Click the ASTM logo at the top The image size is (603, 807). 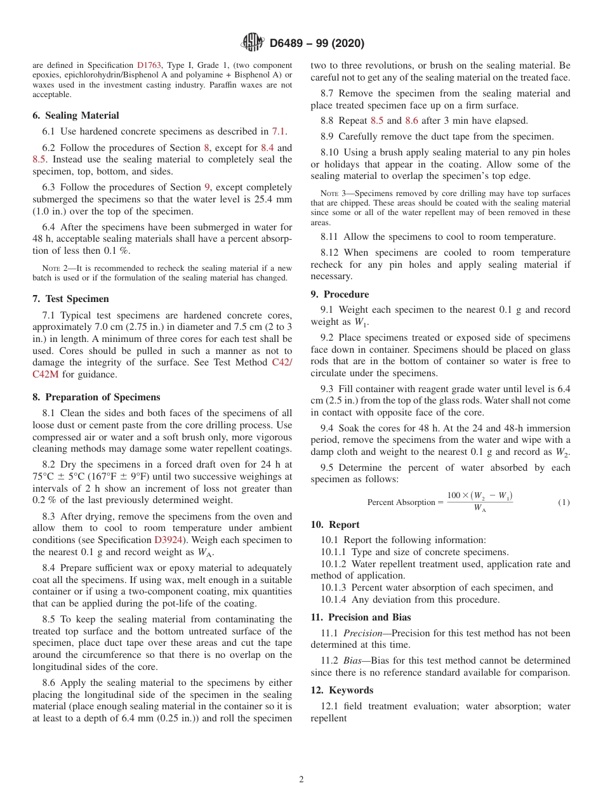tap(253, 43)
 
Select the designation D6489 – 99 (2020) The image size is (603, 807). tap(317, 44)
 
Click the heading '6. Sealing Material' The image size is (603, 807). tap(76, 115)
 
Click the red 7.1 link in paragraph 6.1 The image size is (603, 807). tap(279, 132)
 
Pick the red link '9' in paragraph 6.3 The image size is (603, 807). tap(207, 188)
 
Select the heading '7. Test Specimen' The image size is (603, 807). tap(70, 299)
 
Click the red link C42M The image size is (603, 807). tap(45, 374)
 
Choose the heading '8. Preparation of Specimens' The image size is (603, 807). tap(96, 397)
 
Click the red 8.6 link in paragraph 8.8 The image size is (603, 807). tap(412, 121)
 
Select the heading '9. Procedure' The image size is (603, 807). tap(340, 294)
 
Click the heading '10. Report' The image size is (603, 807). tap(335, 525)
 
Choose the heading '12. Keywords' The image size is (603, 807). tap(342, 690)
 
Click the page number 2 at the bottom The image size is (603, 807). tap(301, 780)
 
